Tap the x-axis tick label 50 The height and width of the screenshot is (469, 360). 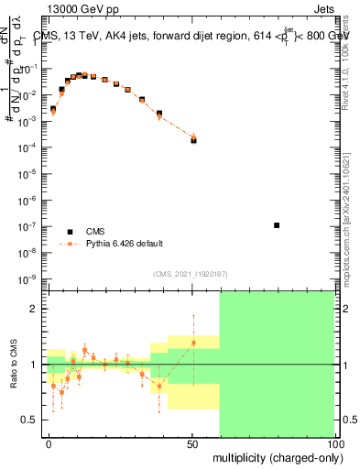coord(192,443)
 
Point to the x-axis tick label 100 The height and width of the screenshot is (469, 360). coord(335,443)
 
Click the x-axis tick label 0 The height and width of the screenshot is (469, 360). coord(49,443)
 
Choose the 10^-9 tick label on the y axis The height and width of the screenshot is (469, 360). coord(28,278)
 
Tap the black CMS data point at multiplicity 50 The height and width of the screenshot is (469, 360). coord(193,140)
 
